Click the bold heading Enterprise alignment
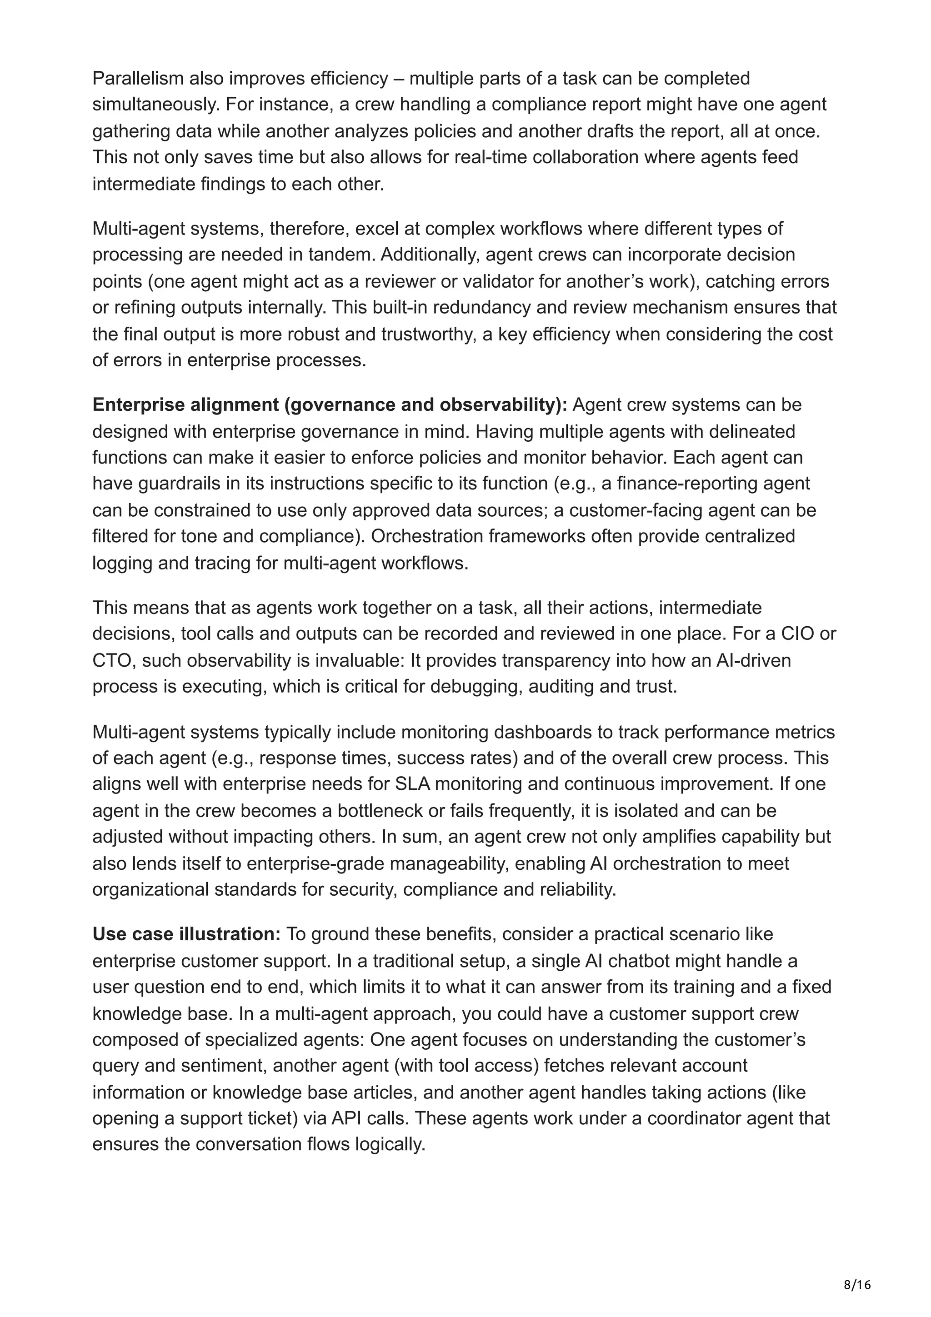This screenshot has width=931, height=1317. (185, 405)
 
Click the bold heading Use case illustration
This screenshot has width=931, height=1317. (186, 934)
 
